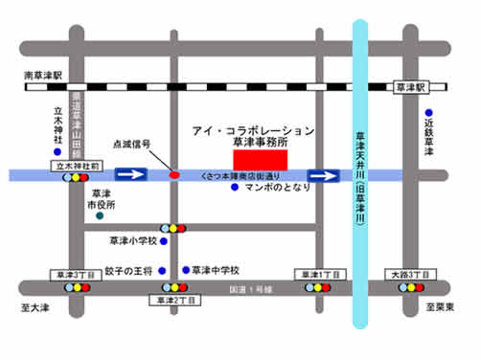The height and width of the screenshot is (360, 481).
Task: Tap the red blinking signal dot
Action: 174,175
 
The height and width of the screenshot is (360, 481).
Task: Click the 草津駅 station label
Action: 409,86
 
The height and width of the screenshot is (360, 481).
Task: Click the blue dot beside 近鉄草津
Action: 429,112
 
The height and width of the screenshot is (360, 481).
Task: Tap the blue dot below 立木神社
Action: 57,151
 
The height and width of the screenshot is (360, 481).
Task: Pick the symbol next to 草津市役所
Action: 100,217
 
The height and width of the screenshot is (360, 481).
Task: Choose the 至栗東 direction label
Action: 444,307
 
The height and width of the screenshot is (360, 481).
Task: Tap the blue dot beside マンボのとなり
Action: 235,188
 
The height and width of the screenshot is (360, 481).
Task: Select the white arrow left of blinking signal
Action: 131,175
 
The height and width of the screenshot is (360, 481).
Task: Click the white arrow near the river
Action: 323,175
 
